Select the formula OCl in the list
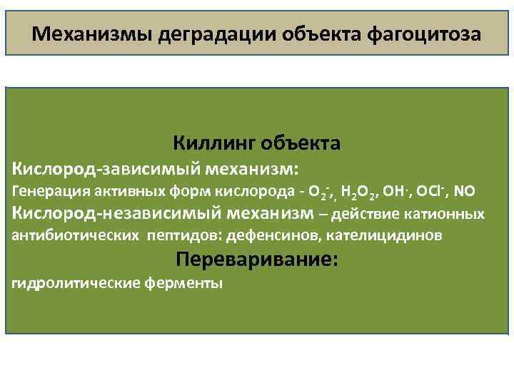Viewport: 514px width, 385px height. pyautogui.click(x=433, y=191)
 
